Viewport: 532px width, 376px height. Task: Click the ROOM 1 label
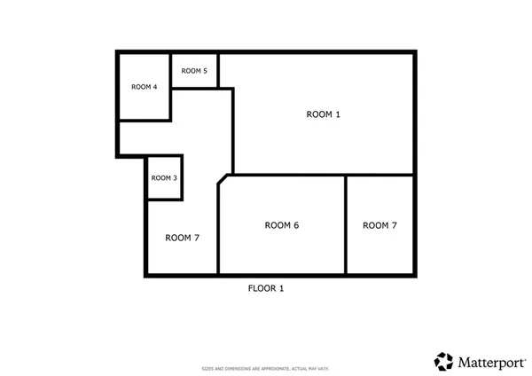tap(323, 114)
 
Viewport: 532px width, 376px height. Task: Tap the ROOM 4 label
tap(145, 87)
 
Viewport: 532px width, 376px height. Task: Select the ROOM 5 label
tap(194, 71)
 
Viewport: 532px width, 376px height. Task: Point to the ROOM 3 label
tap(164, 178)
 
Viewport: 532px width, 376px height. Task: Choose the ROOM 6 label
tap(282, 225)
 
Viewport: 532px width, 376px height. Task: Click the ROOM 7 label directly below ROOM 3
tap(183, 238)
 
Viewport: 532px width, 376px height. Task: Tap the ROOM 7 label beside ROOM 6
tap(379, 225)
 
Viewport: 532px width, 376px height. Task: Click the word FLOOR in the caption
tap(261, 288)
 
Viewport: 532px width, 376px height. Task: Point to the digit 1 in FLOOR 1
tap(281, 288)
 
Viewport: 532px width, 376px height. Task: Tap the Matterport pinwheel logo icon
tap(443, 361)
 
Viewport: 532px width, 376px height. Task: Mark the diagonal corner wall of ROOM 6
tap(224, 180)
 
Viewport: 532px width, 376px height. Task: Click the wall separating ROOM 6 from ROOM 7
tap(345, 225)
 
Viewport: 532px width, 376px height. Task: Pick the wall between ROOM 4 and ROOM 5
tap(170, 71)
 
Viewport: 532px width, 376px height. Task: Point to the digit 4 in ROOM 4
tap(155, 87)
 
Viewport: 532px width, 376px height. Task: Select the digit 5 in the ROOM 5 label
tap(205, 71)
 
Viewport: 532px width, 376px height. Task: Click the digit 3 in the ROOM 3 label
tap(175, 178)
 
